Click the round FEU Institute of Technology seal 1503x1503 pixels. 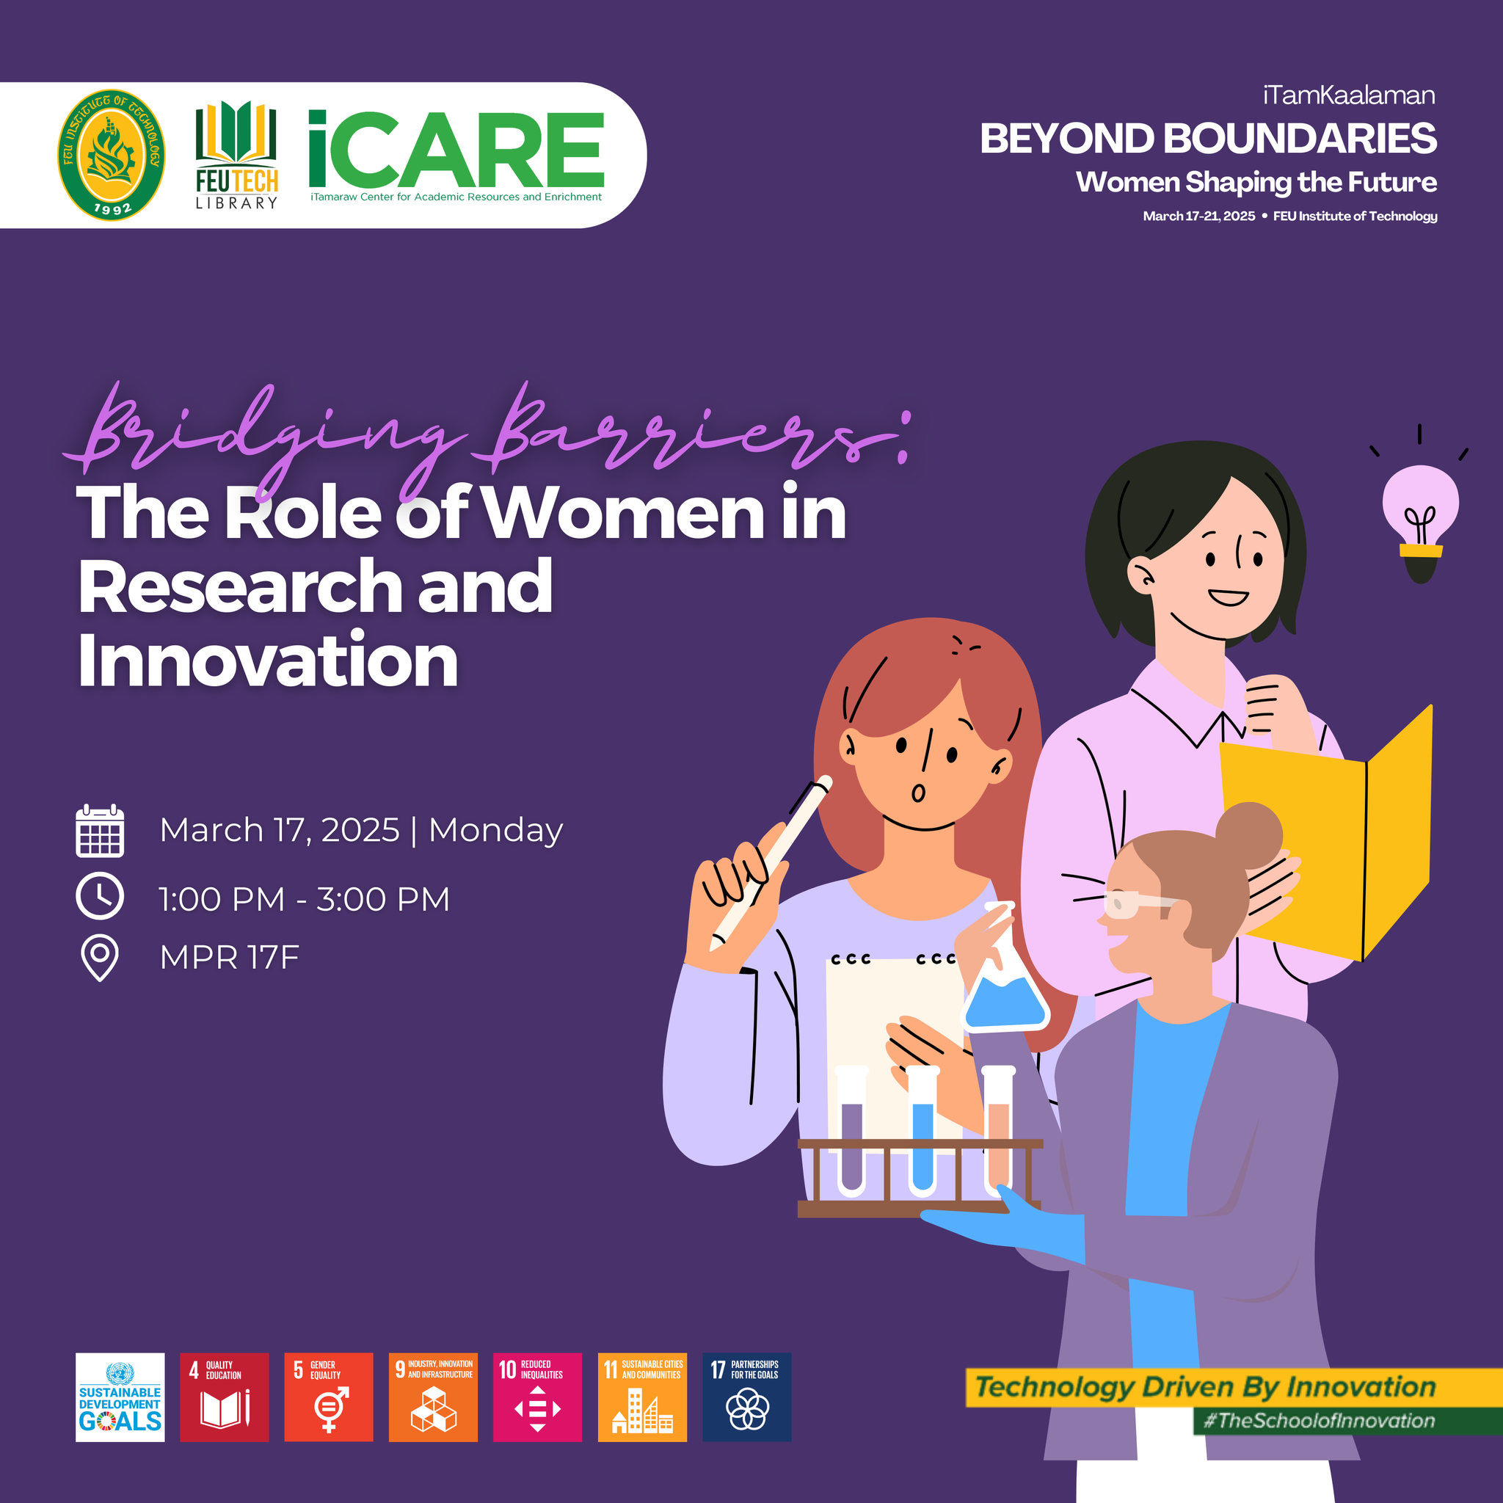112,155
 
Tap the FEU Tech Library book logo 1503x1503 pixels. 236,155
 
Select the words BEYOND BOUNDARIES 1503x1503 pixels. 1207,139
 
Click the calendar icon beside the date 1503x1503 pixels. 100,831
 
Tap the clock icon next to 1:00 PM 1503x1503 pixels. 100,896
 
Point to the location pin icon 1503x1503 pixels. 100,958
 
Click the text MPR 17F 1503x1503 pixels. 230,958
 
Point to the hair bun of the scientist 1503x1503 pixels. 1249,834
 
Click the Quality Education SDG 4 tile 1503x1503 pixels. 224,1397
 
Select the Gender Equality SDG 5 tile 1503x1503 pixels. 328,1397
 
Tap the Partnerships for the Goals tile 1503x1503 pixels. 747,1397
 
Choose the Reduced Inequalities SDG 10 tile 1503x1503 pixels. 537,1397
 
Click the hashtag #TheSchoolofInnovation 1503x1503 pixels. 1319,1421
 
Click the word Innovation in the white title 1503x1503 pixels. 268,660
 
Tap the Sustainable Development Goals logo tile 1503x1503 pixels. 120,1397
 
